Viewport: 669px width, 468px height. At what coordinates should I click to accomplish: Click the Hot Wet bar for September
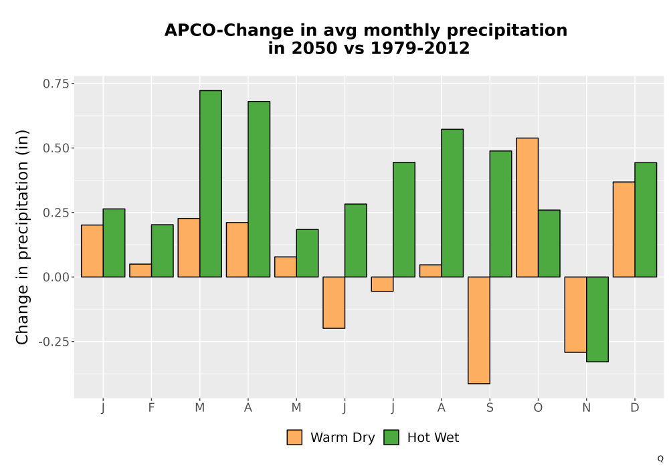pyautogui.click(x=500, y=214)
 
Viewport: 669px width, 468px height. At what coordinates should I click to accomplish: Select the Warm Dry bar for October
pyautogui.click(x=527, y=207)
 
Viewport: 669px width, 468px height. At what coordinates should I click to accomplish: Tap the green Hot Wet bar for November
pyautogui.click(x=597, y=320)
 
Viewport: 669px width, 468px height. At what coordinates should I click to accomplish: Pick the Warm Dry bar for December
pyautogui.click(x=624, y=229)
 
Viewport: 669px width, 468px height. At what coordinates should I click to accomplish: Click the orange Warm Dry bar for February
pyautogui.click(x=140, y=271)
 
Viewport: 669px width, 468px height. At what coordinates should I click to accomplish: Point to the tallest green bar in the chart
pyautogui.click(x=211, y=184)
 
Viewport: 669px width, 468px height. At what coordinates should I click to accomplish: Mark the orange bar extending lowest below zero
pyautogui.click(x=479, y=330)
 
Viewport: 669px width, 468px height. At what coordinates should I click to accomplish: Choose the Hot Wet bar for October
pyautogui.click(x=549, y=243)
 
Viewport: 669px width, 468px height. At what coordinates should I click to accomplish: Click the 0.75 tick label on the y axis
pyautogui.click(x=56, y=84)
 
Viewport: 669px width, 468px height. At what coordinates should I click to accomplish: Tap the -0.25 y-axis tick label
pyautogui.click(x=54, y=342)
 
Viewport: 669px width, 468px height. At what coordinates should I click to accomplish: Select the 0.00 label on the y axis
pyautogui.click(x=56, y=277)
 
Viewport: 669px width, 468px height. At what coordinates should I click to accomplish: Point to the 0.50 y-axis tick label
pyautogui.click(x=56, y=148)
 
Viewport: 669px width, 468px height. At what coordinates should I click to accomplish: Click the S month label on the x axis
pyautogui.click(x=490, y=408)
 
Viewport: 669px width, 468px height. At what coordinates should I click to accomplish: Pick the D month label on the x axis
pyautogui.click(x=635, y=408)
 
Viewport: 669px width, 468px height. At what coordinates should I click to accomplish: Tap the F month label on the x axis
pyautogui.click(x=151, y=408)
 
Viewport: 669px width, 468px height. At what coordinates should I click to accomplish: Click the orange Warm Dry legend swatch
pyautogui.click(x=294, y=437)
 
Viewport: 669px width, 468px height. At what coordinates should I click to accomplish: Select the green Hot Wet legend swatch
pyautogui.click(x=391, y=437)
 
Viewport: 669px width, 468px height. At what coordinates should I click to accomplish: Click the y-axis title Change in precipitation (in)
pyautogui.click(x=22, y=237)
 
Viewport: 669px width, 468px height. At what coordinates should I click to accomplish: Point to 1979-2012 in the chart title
pyautogui.click(x=420, y=48)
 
